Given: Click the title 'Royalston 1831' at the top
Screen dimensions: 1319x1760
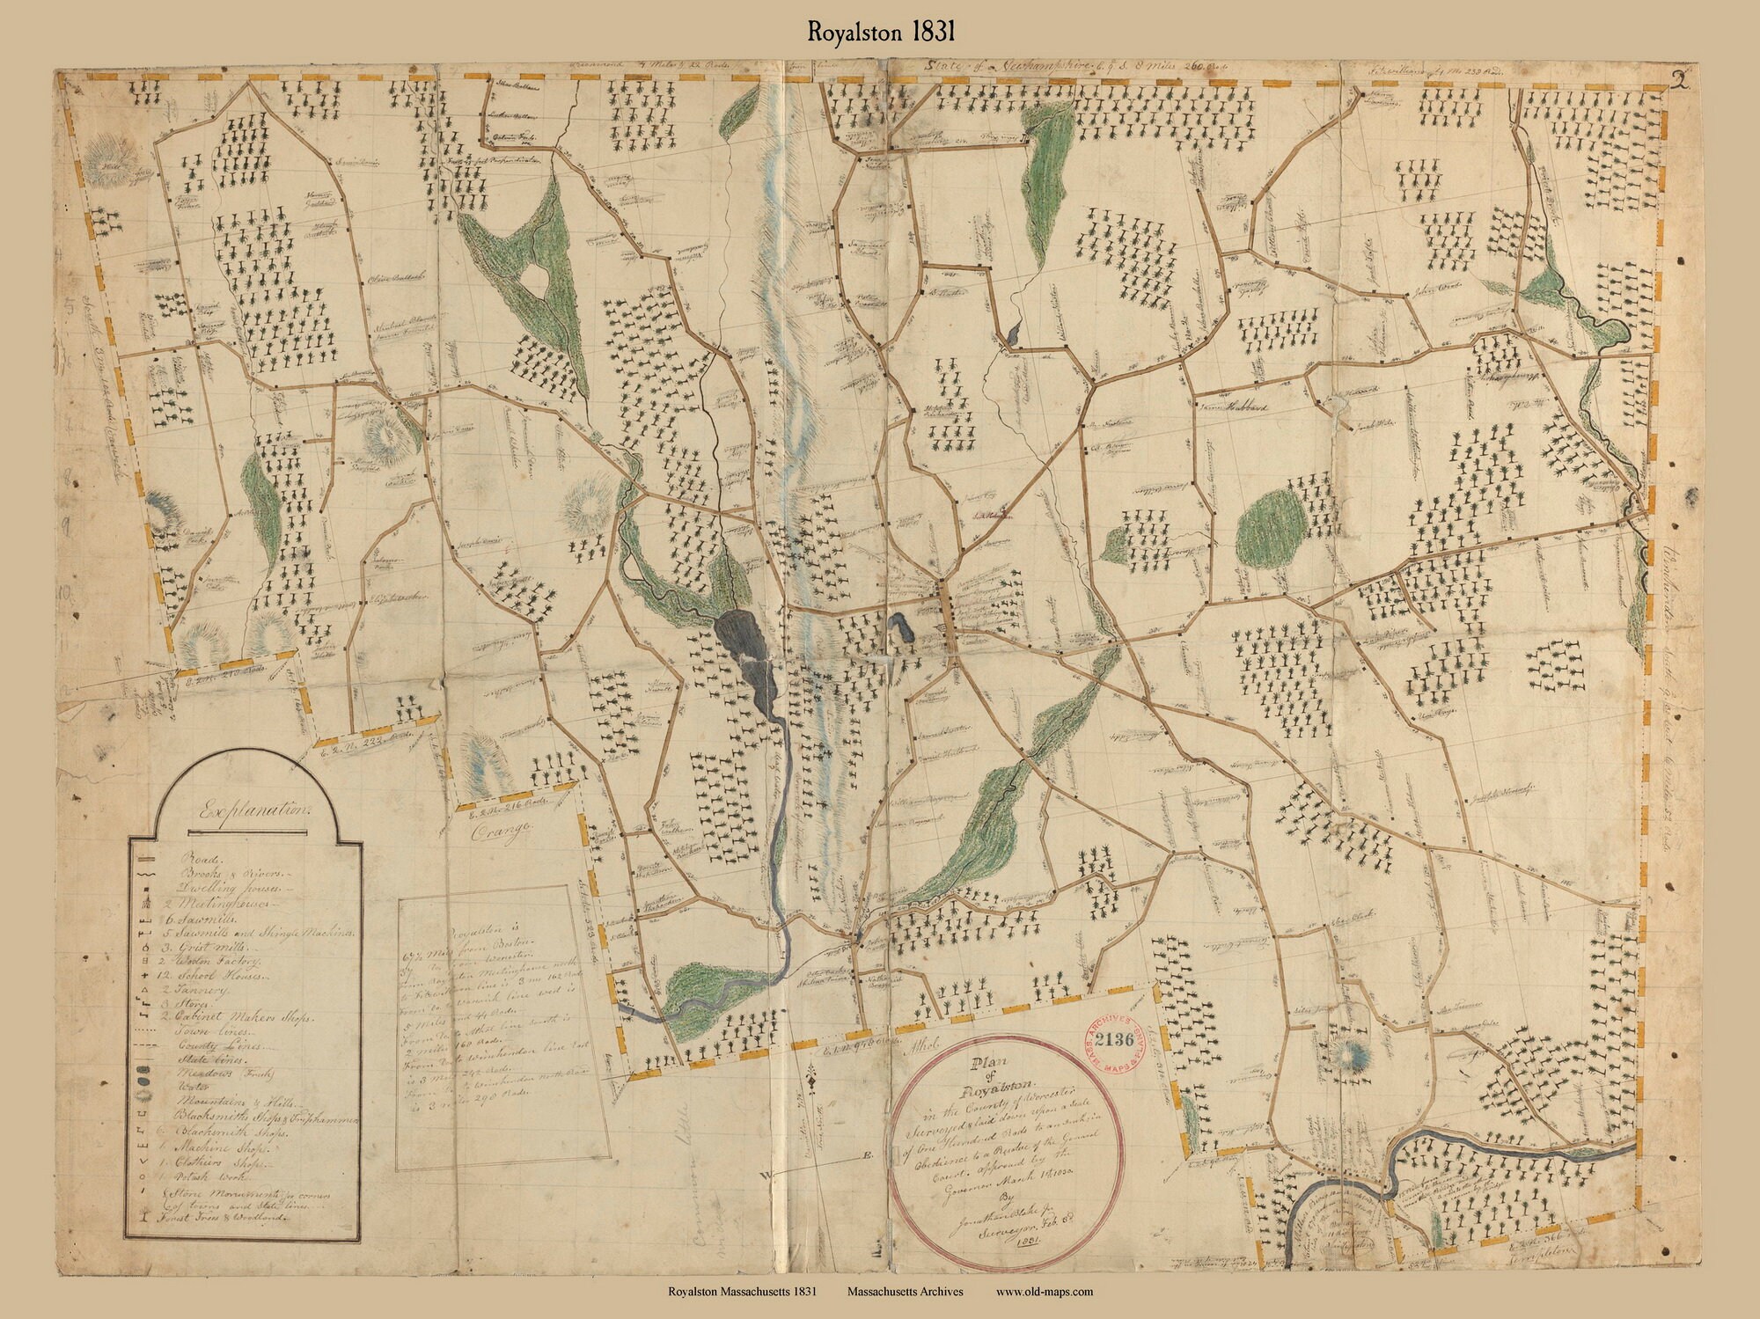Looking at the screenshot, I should coord(879,32).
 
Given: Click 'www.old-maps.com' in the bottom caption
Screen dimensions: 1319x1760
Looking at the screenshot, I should coord(1045,1293).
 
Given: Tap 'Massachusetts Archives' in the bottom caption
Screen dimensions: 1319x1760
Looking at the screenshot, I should coord(906,1293).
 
